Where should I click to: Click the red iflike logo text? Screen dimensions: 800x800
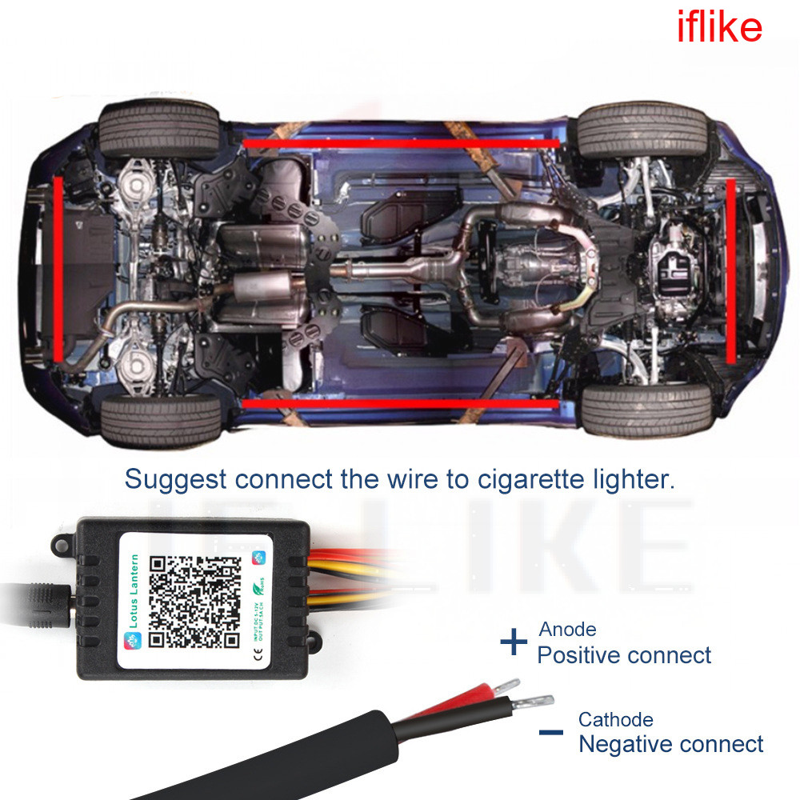point(719,28)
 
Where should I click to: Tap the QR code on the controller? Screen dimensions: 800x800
point(195,602)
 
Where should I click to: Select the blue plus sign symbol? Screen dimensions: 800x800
point(514,642)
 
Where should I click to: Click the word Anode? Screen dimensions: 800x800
point(567,630)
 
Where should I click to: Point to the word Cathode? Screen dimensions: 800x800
point(615,720)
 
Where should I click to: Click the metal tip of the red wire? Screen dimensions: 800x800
point(507,686)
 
